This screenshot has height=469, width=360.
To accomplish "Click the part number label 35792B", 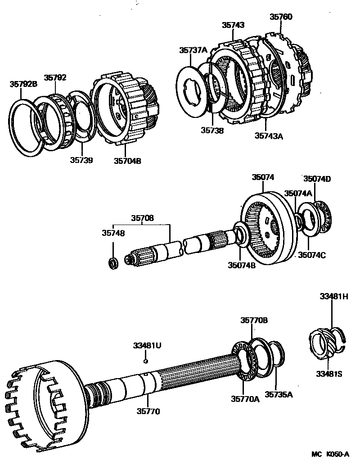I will coord(24,84).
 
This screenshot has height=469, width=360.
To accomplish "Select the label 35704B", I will coord(127,161).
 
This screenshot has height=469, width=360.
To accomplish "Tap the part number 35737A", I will coord(193,50).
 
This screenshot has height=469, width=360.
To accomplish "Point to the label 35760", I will coord(281,17).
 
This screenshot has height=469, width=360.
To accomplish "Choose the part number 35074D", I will coord(317,179).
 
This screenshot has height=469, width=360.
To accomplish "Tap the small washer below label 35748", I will coord(114,262).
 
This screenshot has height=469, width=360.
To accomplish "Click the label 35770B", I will coord(254,320).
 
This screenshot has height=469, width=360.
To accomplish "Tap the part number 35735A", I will coord(279,394).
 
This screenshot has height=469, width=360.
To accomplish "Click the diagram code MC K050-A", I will coord(330,455).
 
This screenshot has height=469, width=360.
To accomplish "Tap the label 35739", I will coord(81,160).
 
